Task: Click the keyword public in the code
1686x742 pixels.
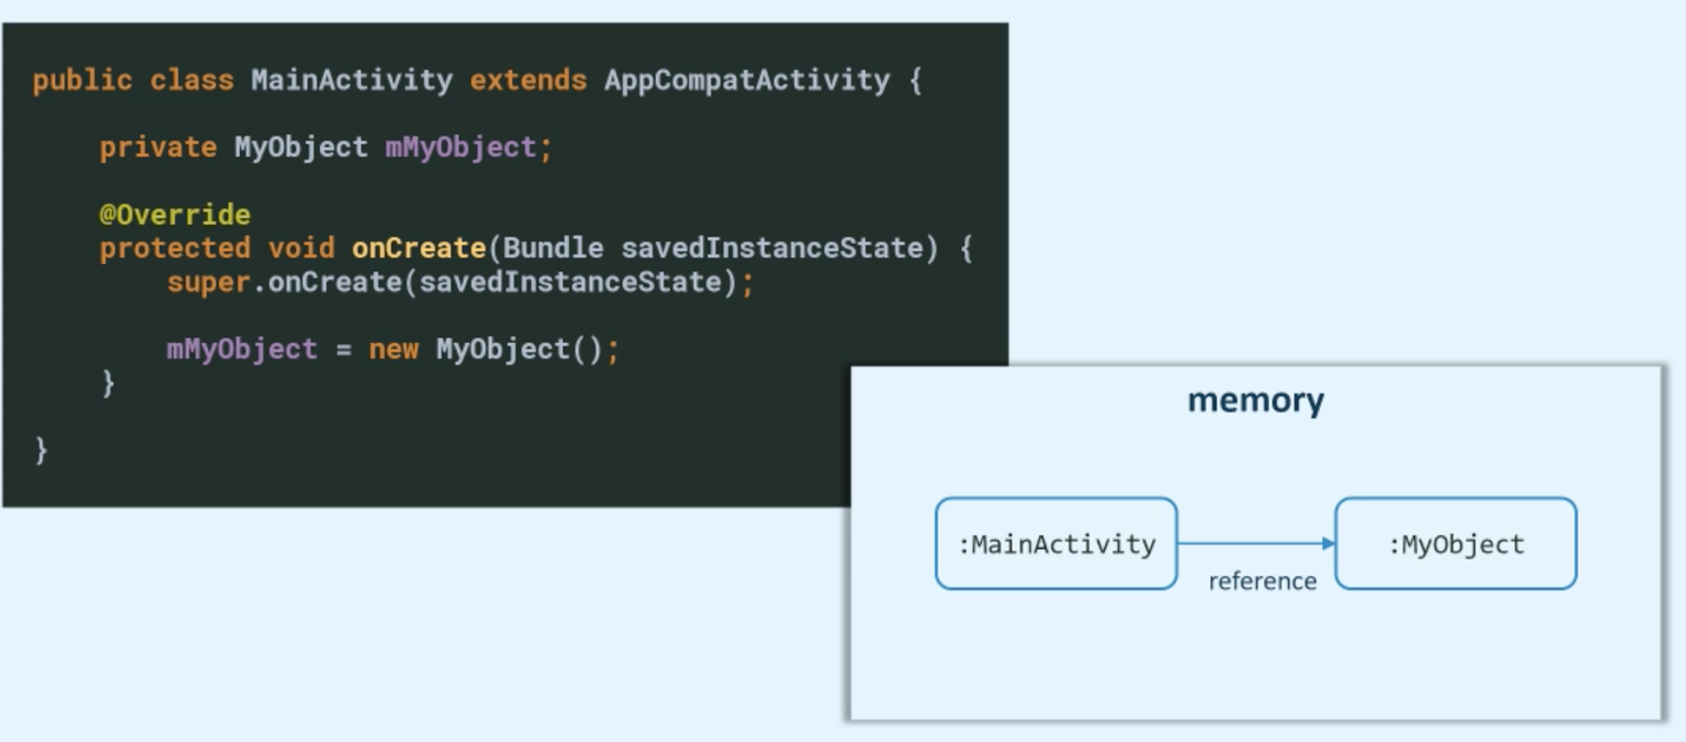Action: pyautogui.click(x=82, y=81)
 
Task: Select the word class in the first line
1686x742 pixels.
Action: pyautogui.click(x=191, y=81)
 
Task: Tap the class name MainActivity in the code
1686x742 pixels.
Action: pyautogui.click(x=352, y=81)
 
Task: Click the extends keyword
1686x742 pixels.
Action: pyautogui.click(x=528, y=81)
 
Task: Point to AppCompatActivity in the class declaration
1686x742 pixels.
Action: pyautogui.click(x=747, y=81)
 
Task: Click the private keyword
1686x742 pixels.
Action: pyautogui.click(x=158, y=147)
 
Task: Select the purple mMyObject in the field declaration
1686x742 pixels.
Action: pyautogui.click(x=460, y=147)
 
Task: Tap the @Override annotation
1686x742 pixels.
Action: pyautogui.click(x=175, y=215)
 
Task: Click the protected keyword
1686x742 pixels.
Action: pyautogui.click(x=175, y=249)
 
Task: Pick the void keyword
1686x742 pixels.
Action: pyautogui.click(x=301, y=249)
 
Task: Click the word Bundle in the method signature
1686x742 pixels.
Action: pyautogui.click(x=553, y=249)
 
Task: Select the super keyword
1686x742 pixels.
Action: pyautogui.click(x=208, y=282)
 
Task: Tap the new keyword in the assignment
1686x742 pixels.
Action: pyautogui.click(x=393, y=349)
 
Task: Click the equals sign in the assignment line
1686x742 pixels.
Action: pyautogui.click(x=344, y=350)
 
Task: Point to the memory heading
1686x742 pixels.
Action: pyautogui.click(x=1255, y=400)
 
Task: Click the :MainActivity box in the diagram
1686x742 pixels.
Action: pyautogui.click(x=1056, y=543)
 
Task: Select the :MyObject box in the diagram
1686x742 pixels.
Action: pyautogui.click(x=1456, y=543)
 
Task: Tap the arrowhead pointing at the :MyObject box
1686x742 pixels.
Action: pyautogui.click(x=1329, y=543)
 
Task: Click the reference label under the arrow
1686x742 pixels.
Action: pyautogui.click(x=1262, y=581)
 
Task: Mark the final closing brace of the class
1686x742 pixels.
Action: pyautogui.click(x=41, y=450)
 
